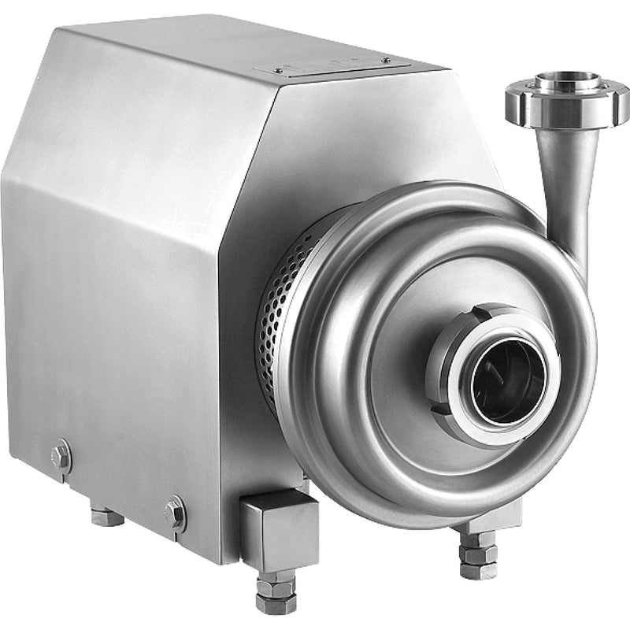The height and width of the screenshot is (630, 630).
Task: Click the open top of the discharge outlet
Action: coord(566,81)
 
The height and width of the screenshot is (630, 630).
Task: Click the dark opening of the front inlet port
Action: coord(508,383)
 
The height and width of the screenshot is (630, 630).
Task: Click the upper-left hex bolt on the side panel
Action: coord(61,455)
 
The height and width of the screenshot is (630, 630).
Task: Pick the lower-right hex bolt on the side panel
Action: coord(175,513)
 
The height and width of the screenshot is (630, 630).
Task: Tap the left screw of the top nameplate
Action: coord(279,71)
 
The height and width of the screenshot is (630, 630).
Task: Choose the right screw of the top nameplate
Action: coord(385,61)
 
